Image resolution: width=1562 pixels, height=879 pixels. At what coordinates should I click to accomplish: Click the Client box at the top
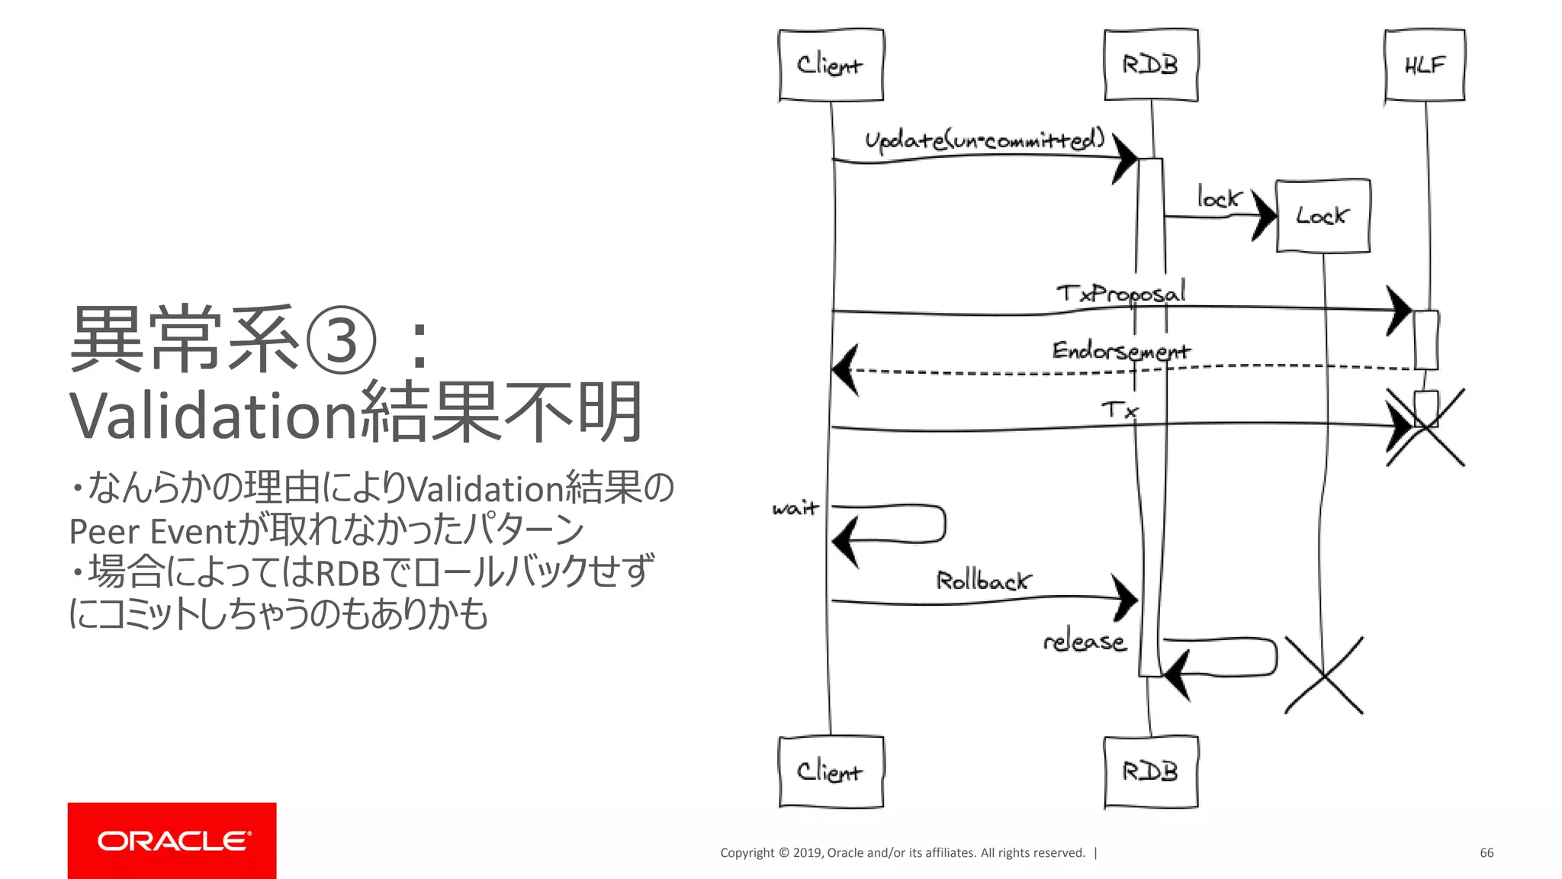[831, 65]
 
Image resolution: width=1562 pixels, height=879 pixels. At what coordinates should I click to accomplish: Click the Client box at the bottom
[831, 771]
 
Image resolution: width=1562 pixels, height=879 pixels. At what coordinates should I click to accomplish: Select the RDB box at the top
[1151, 65]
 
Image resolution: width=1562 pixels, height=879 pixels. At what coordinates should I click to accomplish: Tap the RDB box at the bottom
[1151, 771]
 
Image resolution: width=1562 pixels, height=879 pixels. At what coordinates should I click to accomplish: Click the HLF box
[1425, 65]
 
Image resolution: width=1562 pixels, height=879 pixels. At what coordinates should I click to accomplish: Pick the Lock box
[1323, 216]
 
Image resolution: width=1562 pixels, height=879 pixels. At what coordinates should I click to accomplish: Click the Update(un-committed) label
[984, 140]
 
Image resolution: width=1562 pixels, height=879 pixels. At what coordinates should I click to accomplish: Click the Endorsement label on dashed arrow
[1120, 351]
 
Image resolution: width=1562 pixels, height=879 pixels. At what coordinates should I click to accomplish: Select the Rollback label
[983, 581]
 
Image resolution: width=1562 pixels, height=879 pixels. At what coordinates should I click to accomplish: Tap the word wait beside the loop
[795, 508]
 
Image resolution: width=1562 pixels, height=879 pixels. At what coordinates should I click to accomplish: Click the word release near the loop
[1085, 642]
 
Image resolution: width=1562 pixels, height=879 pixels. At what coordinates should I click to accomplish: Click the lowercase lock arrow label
[1218, 198]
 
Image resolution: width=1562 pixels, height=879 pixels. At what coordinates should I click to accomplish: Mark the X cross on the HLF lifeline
[1425, 427]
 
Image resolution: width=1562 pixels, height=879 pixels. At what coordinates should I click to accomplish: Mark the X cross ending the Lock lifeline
[1324, 675]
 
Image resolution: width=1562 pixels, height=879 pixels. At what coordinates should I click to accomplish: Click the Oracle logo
[172, 840]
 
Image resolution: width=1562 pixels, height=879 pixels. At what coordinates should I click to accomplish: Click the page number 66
[1486, 852]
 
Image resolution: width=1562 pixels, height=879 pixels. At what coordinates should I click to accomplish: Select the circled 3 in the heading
[340, 340]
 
